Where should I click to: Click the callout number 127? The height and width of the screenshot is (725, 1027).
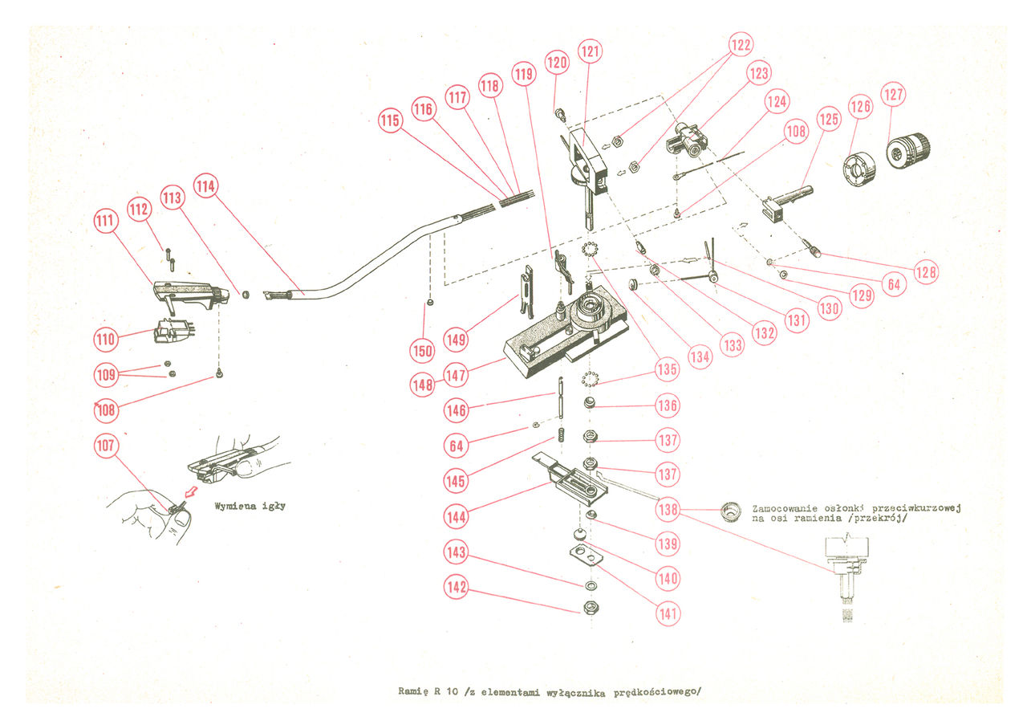click(x=894, y=95)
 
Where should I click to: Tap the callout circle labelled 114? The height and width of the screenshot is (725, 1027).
click(x=206, y=187)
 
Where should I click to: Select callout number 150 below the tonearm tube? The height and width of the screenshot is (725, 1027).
click(x=423, y=350)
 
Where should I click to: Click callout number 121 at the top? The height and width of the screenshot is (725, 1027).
click(x=591, y=52)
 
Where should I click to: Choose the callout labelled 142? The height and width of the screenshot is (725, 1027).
click(x=457, y=587)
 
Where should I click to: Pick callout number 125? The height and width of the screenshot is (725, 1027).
click(x=828, y=121)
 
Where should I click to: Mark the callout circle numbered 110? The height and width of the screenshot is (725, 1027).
click(x=106, y=338)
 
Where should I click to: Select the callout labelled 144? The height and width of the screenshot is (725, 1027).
click(x=457, y=517)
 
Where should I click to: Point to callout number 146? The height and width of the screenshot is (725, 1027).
click(x=456, y=411)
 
